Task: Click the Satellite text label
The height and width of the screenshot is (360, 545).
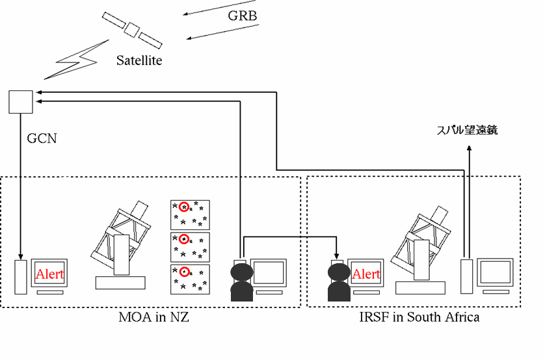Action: (x=139, y=61)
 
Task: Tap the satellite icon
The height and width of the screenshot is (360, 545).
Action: (x=132, y=29)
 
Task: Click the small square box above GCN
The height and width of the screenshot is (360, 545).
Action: (x=20, y=101)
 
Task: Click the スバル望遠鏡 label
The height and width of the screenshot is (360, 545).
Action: (x=466, y=131)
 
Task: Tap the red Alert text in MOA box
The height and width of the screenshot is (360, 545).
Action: (x=50, y=274)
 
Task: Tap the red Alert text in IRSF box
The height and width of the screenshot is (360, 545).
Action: (x=366, y=274)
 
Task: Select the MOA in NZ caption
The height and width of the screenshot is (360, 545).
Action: (x=152, y=318)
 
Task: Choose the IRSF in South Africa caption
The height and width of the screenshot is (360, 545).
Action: (x=419, y=318)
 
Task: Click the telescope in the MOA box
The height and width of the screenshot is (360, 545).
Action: (x=124, y=244)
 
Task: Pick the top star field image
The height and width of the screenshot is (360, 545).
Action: (x=190, y=213)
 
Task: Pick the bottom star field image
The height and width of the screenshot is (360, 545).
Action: (x=190, y=279)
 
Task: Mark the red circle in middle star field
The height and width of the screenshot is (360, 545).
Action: (x=183, y=239)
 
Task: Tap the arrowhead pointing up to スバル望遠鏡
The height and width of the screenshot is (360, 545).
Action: (x=470, y=149)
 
